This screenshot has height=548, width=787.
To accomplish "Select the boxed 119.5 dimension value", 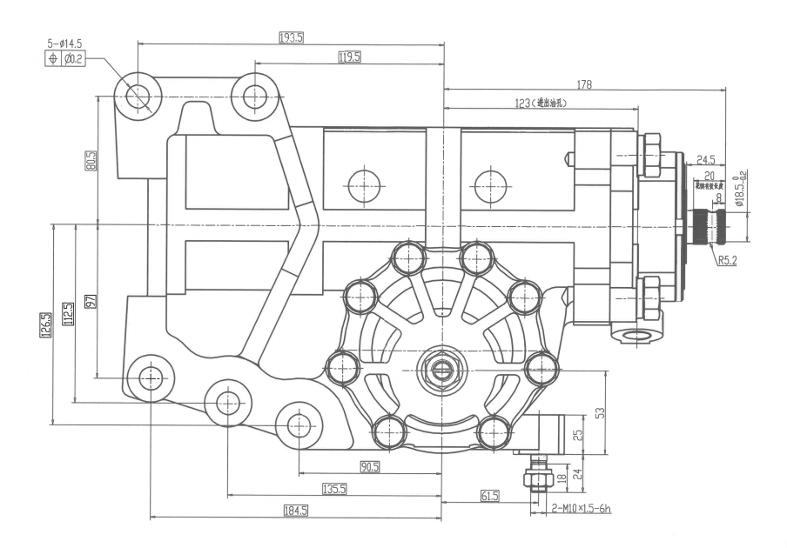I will pos(350,57).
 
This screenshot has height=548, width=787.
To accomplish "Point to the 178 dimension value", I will pos(584,85).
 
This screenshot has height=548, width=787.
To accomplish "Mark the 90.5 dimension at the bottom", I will pos(370,467).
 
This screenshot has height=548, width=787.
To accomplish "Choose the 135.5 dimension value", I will pos(334,490).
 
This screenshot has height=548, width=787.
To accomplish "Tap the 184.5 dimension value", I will pos(295,511).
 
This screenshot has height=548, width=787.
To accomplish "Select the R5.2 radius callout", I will pos(729,259).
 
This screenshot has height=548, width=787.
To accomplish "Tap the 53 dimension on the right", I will pos(599,412).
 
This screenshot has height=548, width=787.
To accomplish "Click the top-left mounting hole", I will pos(138,96).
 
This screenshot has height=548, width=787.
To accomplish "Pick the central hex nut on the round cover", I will pos(441,371).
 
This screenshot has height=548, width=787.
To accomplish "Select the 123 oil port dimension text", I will pos(541,103).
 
